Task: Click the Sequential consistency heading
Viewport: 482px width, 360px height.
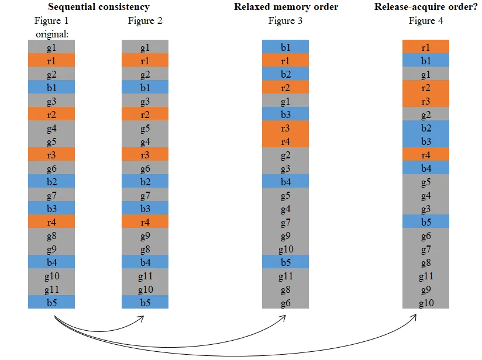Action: (x=98, y=7)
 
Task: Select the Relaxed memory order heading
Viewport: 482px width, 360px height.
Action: (x=285, y=7)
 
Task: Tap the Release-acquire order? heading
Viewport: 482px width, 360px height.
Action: (x=425, y=7)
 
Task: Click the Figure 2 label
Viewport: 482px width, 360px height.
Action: (x=145, y=21)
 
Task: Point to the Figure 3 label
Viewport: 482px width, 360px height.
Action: (x=285, y=21)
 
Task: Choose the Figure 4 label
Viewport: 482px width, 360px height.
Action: (x=426, y=21)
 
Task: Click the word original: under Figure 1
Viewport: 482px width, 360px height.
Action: (x=51, y=34)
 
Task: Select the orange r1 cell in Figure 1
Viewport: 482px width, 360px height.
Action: (x=51, y=60)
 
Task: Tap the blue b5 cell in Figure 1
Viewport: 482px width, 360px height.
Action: (x=51, y=302)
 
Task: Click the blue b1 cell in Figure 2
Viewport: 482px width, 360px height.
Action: (x=145, y=87)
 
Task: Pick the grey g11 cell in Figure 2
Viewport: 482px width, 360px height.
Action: (x=145, y=275)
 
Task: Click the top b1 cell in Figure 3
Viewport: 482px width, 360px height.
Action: (x=285, y=47)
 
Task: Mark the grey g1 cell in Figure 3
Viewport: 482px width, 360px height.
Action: (x=285, y=101)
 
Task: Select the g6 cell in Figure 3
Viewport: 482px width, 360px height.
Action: (x=285, y=302)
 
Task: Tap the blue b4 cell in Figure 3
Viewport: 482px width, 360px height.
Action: (x=285, y=181)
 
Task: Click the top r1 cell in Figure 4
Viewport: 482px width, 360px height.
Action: (x=426, y=47)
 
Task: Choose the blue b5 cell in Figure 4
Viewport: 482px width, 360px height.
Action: (x=426, y=221)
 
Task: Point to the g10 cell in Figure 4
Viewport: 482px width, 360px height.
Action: (x=426, y=302)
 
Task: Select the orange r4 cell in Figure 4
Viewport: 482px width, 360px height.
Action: (x=426, y=154)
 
